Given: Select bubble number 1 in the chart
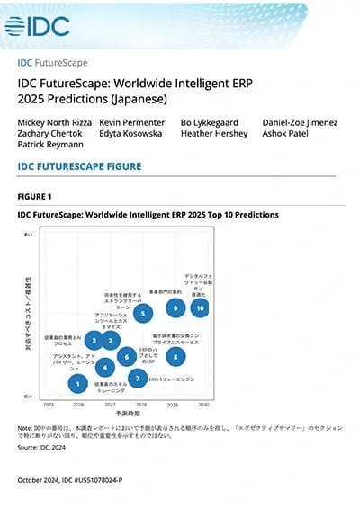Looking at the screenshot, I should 78,384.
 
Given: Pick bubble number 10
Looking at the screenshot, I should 200,307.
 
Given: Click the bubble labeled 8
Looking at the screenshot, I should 175,357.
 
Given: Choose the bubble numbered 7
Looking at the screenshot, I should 136,379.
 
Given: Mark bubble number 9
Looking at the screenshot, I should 173,307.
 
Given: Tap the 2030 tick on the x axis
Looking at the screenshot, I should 204,405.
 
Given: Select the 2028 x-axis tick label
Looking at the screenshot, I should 142,405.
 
